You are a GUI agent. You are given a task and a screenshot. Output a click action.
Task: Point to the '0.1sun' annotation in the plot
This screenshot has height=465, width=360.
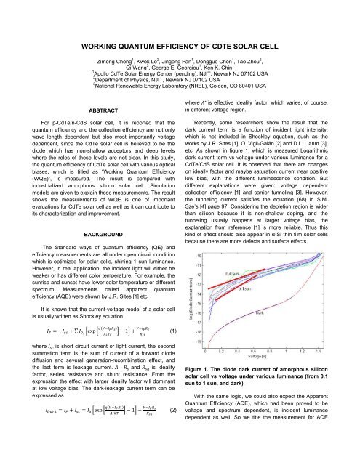tap(246, 289)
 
